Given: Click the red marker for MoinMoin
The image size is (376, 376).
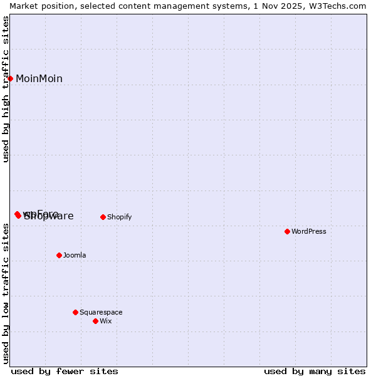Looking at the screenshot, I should coord(11,78).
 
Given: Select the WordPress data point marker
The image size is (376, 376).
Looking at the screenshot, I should coord(287,231).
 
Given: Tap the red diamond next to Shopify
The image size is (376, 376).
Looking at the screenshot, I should coord(103,217).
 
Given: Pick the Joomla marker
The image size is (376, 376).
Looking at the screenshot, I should coord(59,255).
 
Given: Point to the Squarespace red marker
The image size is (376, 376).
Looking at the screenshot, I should coord(75,312).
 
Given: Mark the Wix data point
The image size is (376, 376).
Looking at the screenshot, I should coord(95,321).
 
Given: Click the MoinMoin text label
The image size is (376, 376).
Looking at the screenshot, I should coord(39,78).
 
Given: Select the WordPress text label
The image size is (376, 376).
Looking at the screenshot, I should coord(308,231).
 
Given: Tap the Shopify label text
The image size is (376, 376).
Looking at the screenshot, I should coord(119,217).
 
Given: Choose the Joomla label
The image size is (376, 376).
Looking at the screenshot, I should coord(75,255).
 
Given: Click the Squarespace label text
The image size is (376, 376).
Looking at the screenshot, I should coord(101,312).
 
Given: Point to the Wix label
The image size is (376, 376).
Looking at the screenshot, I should coord(105,321).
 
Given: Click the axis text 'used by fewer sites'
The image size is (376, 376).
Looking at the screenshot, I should coord(65,371).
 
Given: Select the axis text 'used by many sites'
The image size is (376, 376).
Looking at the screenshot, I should coord(315,371).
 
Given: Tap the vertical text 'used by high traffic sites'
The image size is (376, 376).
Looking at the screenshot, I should coord(6,89).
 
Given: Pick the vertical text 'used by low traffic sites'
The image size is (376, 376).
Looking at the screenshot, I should coord(6,293).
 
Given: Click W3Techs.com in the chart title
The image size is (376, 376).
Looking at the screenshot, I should coord(339,6).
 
